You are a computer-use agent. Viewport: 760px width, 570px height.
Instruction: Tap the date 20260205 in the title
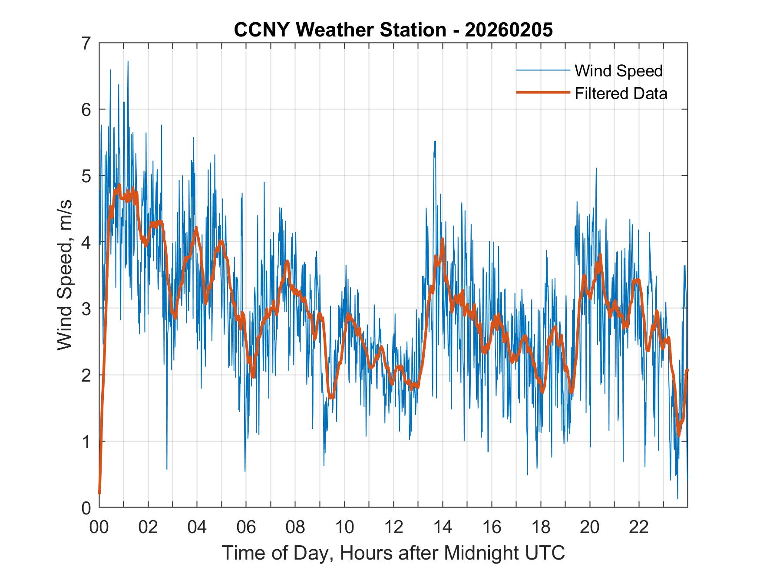509,30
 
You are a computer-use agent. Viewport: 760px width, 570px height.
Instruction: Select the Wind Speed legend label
618,71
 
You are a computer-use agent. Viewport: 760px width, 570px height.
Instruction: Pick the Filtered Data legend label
621,93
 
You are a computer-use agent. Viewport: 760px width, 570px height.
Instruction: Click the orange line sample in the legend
542,92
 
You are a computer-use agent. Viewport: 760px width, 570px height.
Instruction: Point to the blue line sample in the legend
542,70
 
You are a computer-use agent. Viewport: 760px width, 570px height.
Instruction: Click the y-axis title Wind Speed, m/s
65,275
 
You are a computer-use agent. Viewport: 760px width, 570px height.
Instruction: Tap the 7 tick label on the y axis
86,43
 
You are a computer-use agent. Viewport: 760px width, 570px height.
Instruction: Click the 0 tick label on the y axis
86,507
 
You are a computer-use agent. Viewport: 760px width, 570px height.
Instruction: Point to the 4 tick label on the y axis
86,242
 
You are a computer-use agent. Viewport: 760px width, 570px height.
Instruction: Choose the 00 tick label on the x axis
99,527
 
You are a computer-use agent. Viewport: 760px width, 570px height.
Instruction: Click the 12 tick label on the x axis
393,527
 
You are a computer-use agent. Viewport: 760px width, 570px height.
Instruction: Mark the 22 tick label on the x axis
639,527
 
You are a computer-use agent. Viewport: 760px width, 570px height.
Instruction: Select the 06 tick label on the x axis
246,527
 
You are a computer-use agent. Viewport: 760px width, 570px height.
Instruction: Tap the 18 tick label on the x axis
541,527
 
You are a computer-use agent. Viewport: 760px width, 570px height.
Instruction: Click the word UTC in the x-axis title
545,553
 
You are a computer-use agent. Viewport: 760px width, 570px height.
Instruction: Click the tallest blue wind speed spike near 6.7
128,62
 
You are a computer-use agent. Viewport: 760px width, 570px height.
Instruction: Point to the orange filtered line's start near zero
99,493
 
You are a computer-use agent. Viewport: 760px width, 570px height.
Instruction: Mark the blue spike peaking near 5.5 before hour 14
435,142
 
